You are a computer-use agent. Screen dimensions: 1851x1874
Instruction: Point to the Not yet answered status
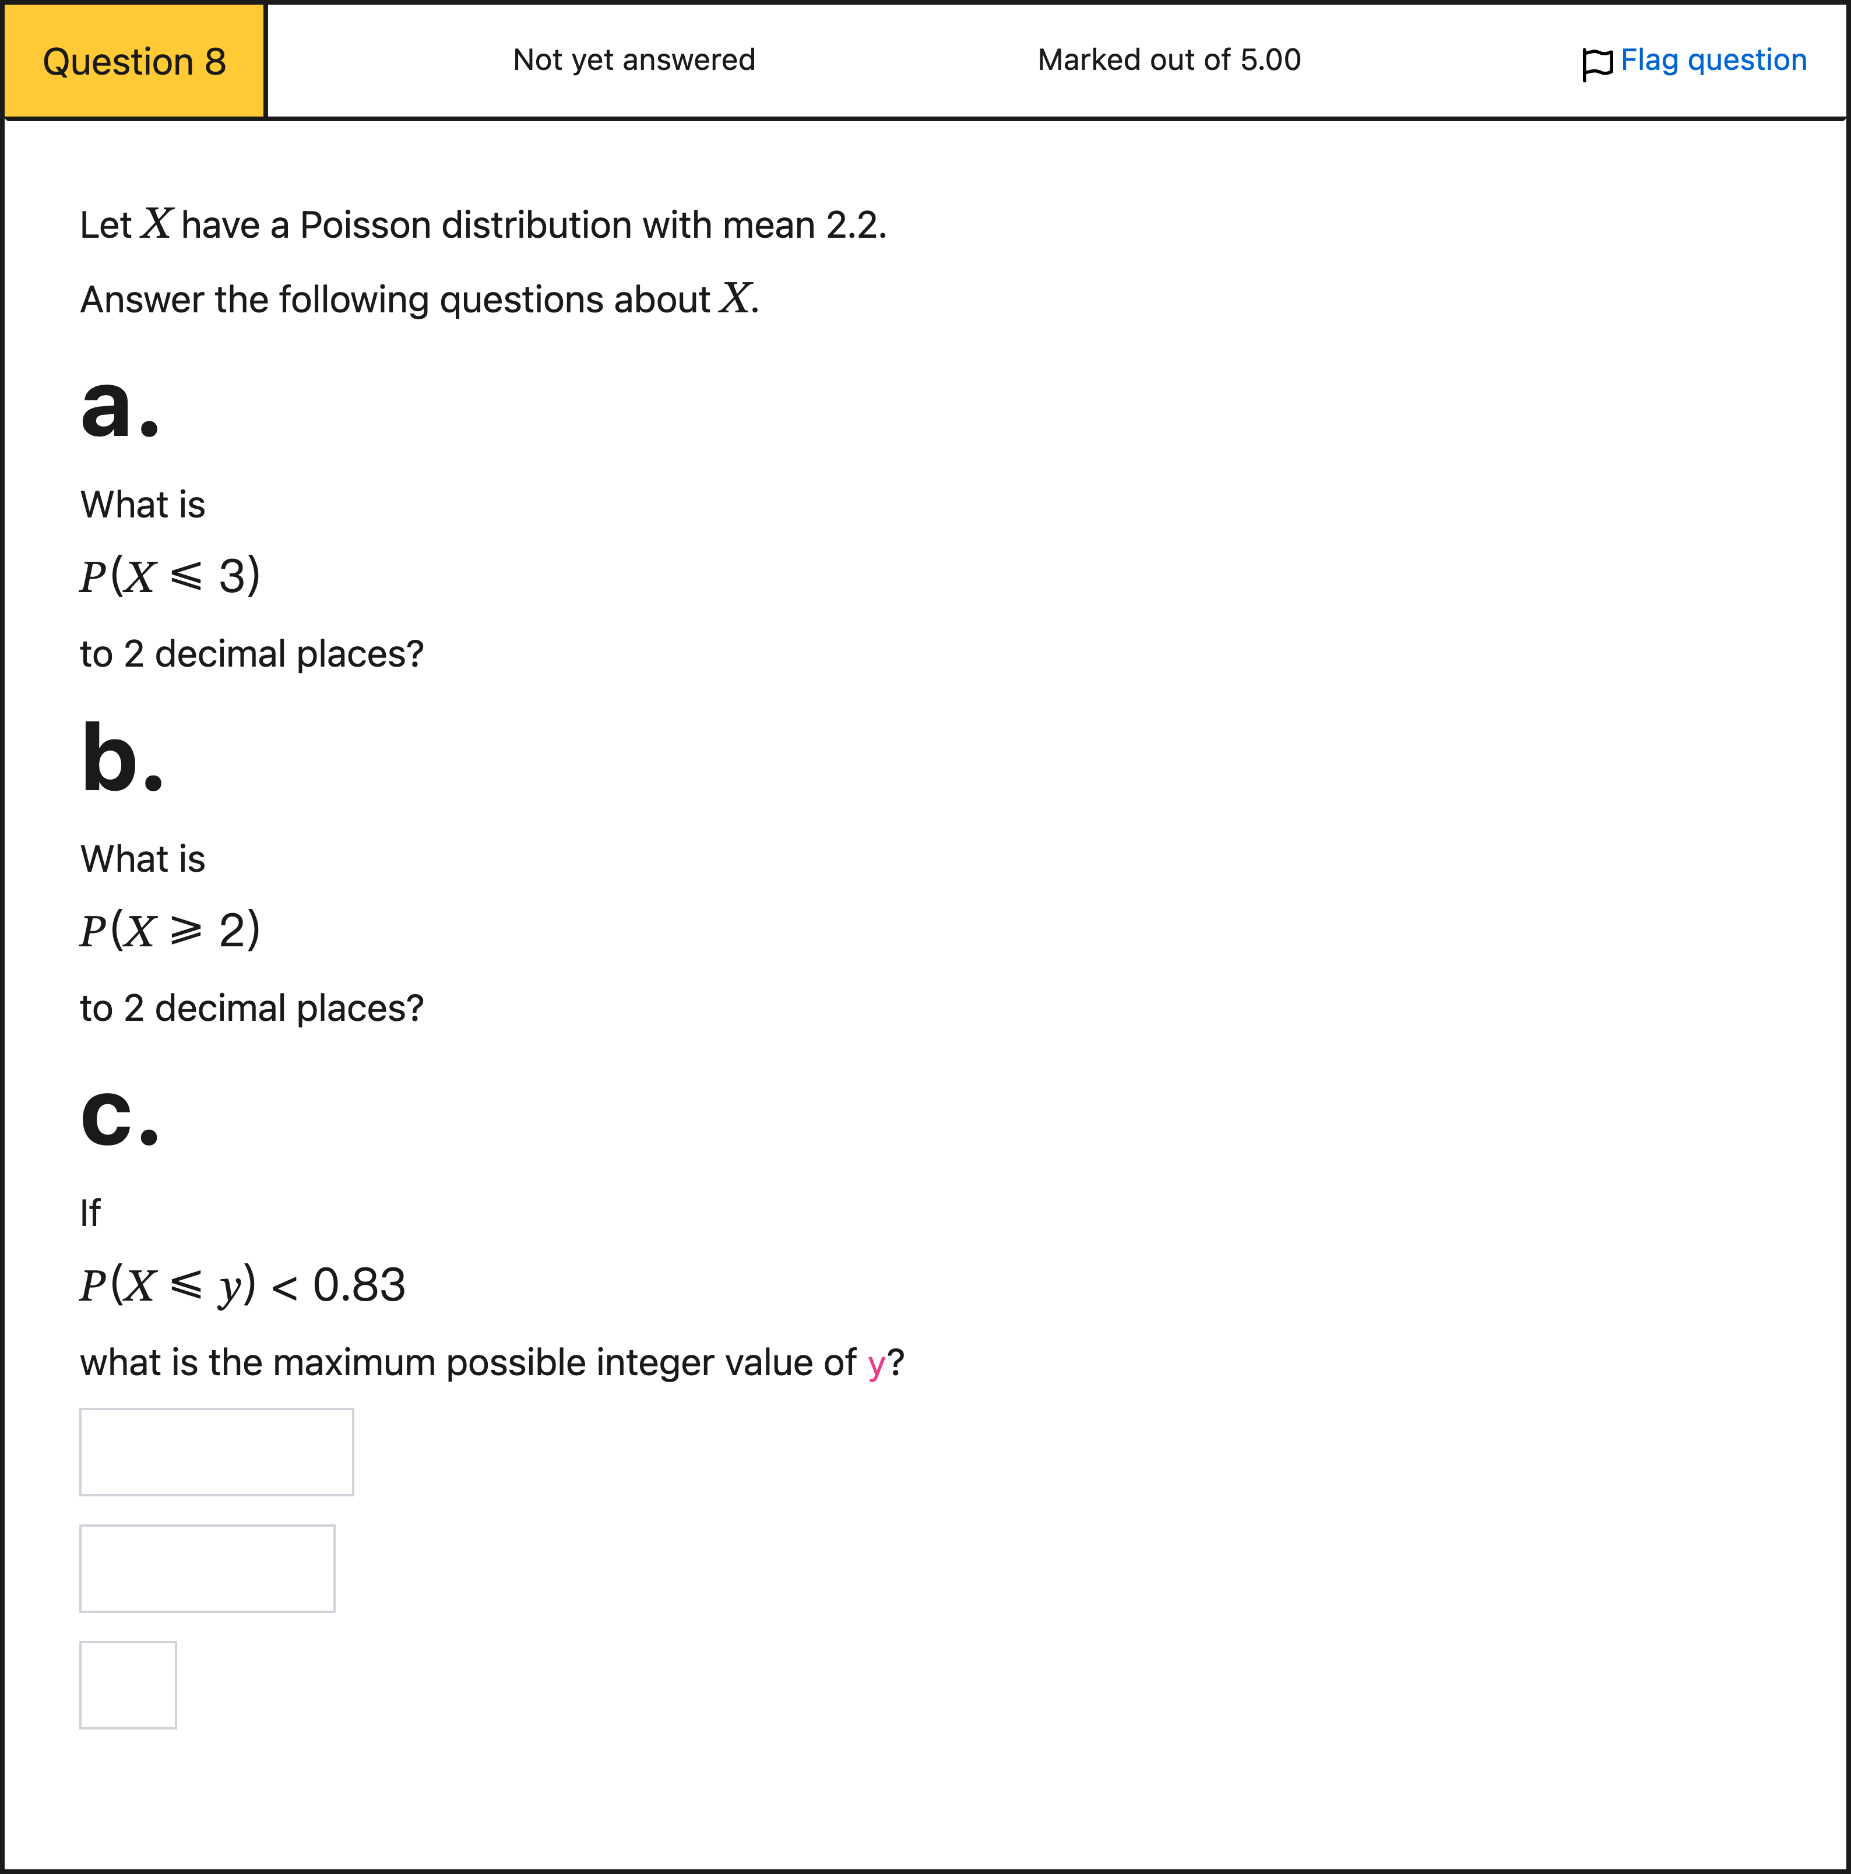[634, 60]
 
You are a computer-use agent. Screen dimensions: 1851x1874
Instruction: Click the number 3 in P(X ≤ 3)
[233, 576]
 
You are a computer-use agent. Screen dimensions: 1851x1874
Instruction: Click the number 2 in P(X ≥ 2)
[233, 930]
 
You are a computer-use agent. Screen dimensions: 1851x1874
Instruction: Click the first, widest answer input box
[216, 1452]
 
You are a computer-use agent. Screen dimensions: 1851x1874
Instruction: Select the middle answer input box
[207, 1569]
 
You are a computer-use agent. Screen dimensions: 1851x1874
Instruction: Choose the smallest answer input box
[128, 1685]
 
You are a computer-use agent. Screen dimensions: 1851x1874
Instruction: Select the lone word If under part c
[90, 1213]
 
